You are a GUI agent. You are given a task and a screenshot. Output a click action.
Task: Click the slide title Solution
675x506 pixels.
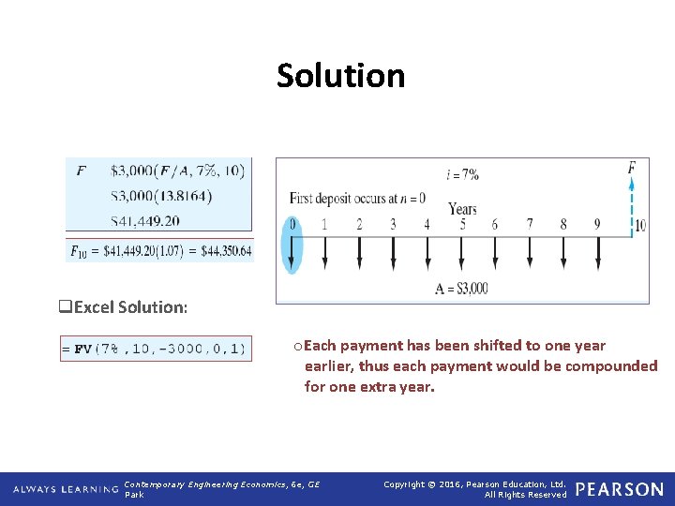[x=340, y=76]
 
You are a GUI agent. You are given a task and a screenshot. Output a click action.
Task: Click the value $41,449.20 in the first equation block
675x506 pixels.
[x=145, y=221]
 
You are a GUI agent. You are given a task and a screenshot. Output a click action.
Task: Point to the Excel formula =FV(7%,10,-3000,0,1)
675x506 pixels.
[x=155, y=349]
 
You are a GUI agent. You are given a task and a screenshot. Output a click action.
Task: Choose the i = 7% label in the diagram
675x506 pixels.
[x=462, y=174]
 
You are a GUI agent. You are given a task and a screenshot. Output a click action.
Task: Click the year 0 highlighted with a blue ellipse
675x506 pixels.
[x=292, y=225]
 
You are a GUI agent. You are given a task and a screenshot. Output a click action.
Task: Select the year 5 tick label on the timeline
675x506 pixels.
[x=461, y=225]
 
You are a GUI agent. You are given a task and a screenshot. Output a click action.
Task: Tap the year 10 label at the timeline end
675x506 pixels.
[x=639, y=226]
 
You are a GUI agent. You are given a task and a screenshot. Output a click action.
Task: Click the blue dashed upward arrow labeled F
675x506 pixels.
[x=632, y=201]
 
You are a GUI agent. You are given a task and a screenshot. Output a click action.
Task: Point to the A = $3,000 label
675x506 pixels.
[x=461, y=289]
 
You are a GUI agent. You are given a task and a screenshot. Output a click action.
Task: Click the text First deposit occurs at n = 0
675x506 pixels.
[x=357, y=199]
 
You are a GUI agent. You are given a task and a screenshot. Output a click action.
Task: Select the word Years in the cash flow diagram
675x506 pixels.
[x=462, y=209]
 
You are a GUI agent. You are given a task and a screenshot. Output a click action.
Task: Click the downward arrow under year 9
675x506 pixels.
[x=597, y=251]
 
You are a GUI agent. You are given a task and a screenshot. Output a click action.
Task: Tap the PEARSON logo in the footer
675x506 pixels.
[x=619, y=489]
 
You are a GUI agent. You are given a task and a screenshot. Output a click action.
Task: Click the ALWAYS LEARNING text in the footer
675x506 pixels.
[x=65, y=489]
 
